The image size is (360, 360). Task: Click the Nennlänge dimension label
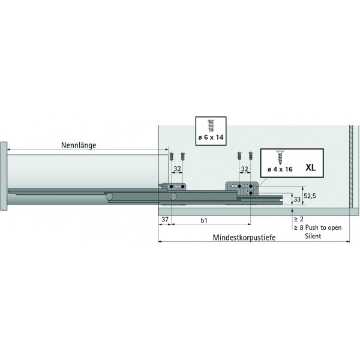click(79, 145)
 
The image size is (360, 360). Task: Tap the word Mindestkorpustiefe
click(244, 238)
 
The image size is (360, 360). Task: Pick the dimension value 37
click(165, 220)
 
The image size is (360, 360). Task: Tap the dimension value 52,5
click(310, 196)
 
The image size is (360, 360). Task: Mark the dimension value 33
click(296, 200)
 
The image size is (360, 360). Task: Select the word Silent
click(311, 236)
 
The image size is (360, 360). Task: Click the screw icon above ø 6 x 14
click(211, 125)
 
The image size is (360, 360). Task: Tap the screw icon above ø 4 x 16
click(279, 157)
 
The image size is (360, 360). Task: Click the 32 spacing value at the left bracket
click(177, 169)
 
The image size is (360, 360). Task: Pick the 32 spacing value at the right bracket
click(244, 169)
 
